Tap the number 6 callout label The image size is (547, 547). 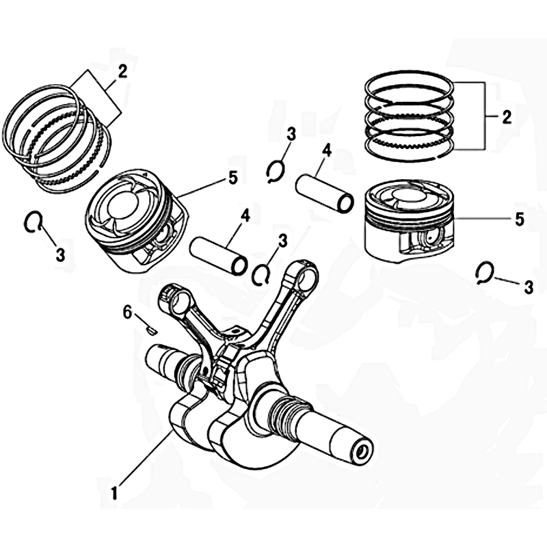click(127, 312)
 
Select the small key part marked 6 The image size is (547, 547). click(151, 330)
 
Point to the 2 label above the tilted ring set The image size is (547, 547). click(122, 72)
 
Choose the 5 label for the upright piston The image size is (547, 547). click(520, 219)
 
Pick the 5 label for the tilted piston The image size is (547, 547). click(232, 178)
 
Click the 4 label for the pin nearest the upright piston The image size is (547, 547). click(327, 151)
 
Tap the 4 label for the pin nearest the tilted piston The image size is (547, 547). click(245, 216)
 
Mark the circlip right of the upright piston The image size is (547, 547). click(485, 271)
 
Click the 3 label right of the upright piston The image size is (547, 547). click(529, 287)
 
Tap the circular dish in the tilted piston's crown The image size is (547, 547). click(124, 210)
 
